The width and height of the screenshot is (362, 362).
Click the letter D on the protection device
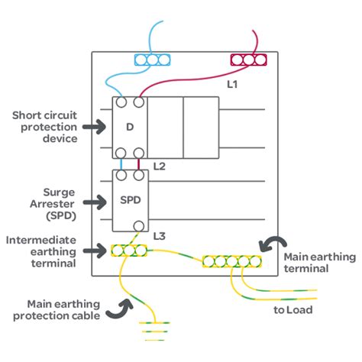(130, 127)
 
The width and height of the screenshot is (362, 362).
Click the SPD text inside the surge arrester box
(131, 200)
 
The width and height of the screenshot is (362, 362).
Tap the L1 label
(232, 84)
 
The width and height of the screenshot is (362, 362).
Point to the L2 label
(160, 166)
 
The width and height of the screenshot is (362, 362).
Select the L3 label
(160, 236)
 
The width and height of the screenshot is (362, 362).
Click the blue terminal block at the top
(152, 60)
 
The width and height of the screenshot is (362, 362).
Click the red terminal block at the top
(248, 60)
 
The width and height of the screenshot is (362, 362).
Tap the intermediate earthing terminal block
(129, 250)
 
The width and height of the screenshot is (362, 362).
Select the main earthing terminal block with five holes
(232, 261)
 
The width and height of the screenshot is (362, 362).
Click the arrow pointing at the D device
(94, 127)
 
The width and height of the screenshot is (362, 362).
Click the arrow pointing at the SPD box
(95, 202)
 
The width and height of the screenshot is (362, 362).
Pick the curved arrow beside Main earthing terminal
(273, 243)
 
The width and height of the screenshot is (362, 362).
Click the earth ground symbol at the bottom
(154, 331)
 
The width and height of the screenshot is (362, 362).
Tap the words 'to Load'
(293, 310)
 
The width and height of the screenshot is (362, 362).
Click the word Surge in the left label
(59, 192)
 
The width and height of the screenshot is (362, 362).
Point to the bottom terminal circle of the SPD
(139, 226)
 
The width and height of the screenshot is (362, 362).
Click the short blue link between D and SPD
(121, 164)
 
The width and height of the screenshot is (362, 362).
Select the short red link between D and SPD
(138, 164)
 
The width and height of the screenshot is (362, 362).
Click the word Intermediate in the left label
(41, 240)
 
